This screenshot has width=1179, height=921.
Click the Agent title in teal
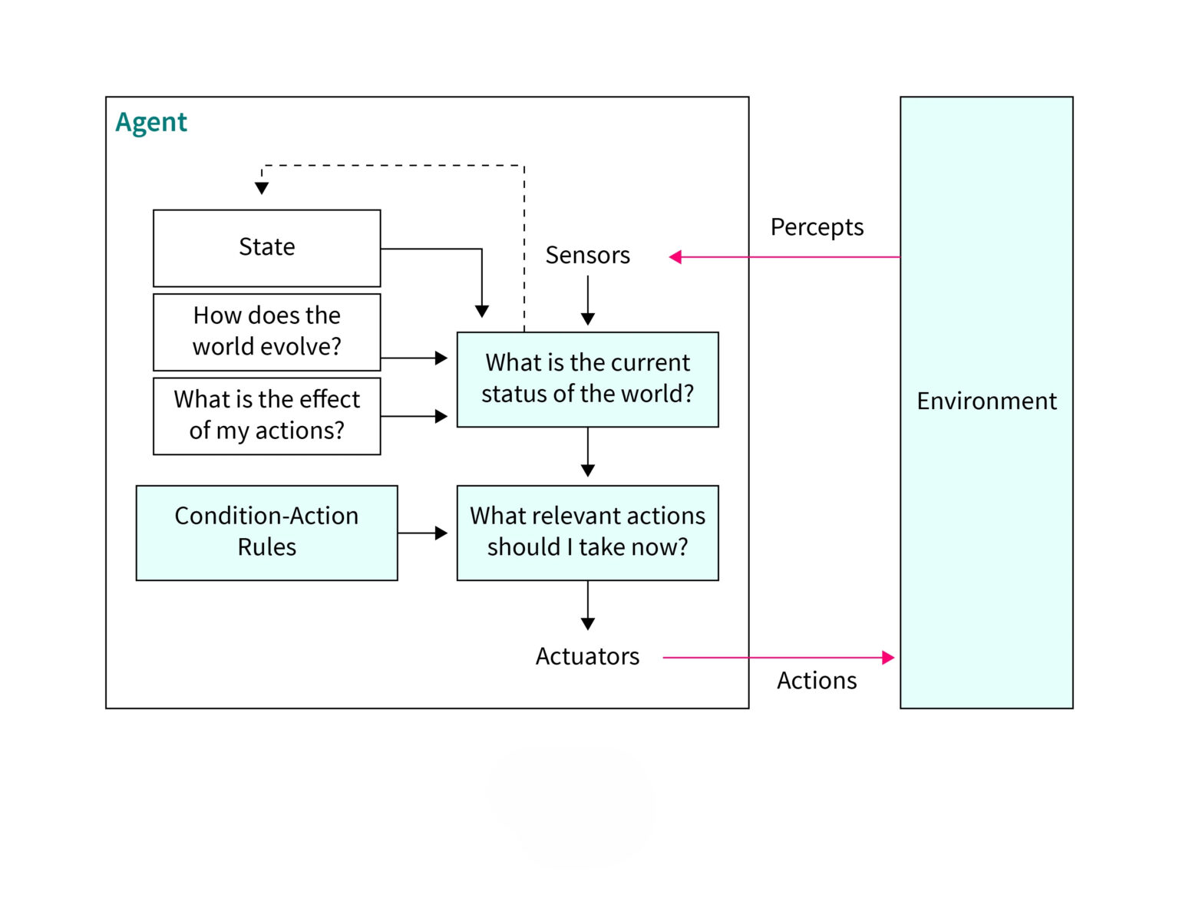click(151, 123)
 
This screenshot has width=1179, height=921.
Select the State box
click(266, 248)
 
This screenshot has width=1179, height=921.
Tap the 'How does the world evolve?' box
click(266, 332)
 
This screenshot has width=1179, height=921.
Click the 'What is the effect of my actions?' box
click(266, 415)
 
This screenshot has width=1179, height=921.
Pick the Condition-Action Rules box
click(266, 532)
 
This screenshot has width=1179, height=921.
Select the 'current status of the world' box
click(587, 379)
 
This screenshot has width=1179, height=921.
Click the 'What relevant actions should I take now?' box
click(587, 532)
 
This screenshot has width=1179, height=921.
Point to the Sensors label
click(587, 256)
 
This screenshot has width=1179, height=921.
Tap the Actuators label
click(587, 657)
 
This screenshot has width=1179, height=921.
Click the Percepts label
click(817, 227)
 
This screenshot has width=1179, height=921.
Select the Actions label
click(817, 681)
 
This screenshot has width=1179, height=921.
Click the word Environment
click(986, 401)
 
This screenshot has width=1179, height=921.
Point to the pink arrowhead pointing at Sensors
click(675, 257)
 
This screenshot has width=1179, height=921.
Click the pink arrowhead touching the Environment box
click(888, 658)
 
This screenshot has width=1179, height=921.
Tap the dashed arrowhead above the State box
click(262, 188)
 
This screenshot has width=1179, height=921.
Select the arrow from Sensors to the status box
click(588, 301)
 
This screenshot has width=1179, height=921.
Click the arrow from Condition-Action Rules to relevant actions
click(423, 533)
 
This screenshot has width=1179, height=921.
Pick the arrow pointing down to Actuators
click(588, 606)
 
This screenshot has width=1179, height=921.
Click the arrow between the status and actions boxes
click(588, 454)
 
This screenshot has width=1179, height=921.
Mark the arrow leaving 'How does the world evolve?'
click(414, 358)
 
